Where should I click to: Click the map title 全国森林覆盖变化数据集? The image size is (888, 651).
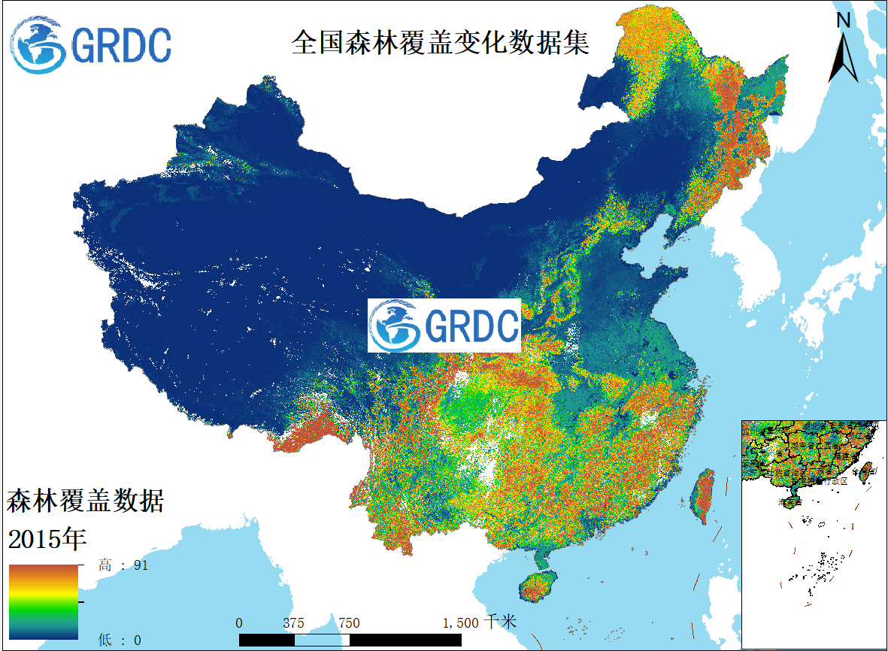[x=440, y=43]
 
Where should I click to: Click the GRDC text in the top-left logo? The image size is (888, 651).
[x=121, y=46]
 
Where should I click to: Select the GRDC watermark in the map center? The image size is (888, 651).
[x=444, y=325]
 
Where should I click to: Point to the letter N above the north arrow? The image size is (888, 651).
[x=844, y=21]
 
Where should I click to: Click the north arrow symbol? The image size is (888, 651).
[x=844, y=59]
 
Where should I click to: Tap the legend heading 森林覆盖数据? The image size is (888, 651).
[x=85, y=501]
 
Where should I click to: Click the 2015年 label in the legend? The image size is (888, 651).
[x=47, y=538]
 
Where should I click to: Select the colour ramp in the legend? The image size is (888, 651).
[x=43, y=601]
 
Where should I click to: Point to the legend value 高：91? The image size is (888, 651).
[x=123, y=565]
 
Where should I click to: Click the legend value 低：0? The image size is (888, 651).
[x=120, y=640]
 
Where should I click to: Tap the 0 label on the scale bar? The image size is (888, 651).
[x=239, y=623]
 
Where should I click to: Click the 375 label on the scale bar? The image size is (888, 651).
[x=294, y=623]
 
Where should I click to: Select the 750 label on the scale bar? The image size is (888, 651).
[x=349, y=623]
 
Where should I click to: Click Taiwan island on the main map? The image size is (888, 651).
[x=703, y=496]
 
